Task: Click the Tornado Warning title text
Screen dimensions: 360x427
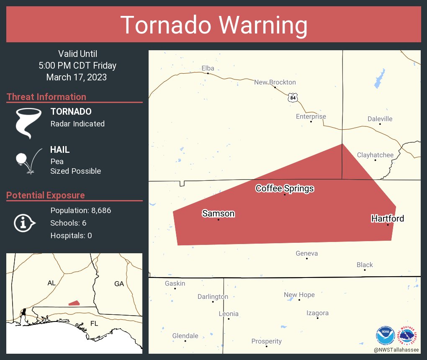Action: [214, 25]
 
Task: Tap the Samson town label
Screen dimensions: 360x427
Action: [218, 213]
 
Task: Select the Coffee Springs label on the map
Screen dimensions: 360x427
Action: [285, 188]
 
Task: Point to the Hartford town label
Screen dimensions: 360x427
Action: [388, 219]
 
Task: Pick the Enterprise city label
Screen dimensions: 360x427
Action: [311, 116]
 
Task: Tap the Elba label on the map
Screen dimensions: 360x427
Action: [208, 68]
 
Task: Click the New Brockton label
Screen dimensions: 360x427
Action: [275, 82]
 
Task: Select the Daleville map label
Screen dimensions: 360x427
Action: [380, 119]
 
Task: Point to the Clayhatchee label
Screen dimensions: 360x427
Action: [375, 155]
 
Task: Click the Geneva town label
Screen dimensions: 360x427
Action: [306, 253]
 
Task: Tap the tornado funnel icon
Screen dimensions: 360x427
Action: [28, 123]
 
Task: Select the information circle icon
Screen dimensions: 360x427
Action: [24, 223]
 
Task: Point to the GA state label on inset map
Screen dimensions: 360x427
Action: [119, 283]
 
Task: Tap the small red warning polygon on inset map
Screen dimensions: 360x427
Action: [74, 303]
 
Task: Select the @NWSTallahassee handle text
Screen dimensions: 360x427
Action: [396, 350]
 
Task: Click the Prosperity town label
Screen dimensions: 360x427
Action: [266, 341]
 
